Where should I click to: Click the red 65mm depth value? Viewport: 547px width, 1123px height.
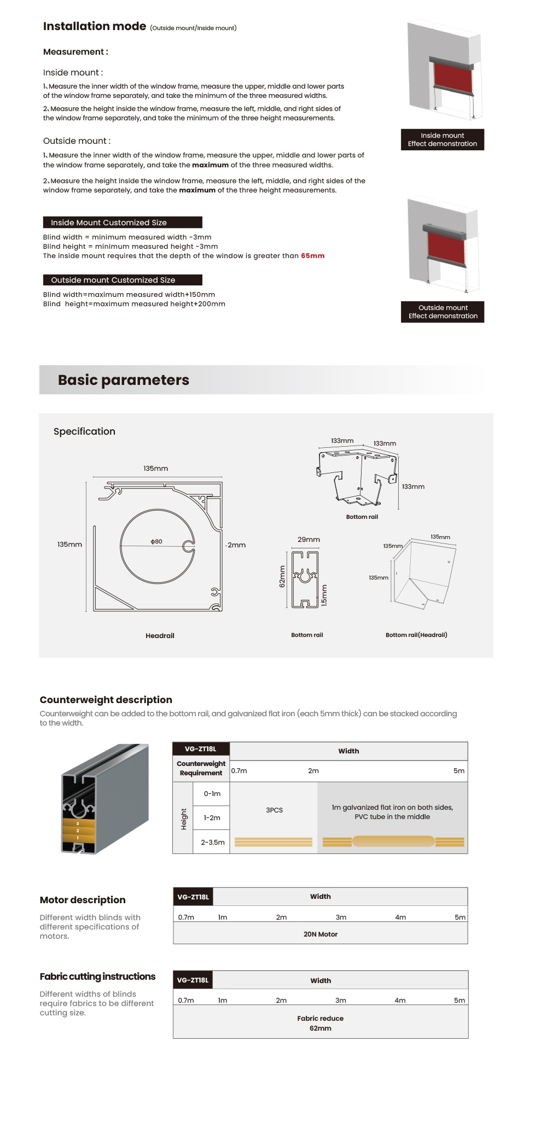click(312, 256)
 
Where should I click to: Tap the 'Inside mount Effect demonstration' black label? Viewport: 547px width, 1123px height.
click(442, 139)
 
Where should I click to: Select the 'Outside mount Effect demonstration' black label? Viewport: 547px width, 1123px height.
click(443, 312)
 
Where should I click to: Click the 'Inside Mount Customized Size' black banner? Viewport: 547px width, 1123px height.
click(123, 223)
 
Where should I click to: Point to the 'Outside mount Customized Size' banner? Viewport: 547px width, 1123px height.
click(123, 280)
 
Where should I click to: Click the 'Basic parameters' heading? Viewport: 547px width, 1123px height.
click(124, 380)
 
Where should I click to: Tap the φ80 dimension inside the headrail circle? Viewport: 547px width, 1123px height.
click(156, 541)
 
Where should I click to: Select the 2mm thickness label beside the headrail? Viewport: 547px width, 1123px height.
click(236, 545)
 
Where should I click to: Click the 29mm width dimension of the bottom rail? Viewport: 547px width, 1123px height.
click(309, 540)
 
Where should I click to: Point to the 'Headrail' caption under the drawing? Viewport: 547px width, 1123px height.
click(160, 635)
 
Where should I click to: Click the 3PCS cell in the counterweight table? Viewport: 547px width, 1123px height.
click(274, 810)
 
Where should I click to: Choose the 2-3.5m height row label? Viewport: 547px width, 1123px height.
click(212, 842)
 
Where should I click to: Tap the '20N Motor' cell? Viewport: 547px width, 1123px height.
click(321, 934)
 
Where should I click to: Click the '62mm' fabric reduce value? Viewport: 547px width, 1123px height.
click(321, 1028)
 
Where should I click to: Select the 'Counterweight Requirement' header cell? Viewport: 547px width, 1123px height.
click(201, 768)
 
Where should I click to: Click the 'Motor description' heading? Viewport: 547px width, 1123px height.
click(83, 900)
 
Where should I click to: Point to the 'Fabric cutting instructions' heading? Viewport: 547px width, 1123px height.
click(97, 976)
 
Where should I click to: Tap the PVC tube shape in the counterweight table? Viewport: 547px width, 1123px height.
click(393, 841)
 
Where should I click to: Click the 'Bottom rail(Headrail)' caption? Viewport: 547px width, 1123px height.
click(416, 635)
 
